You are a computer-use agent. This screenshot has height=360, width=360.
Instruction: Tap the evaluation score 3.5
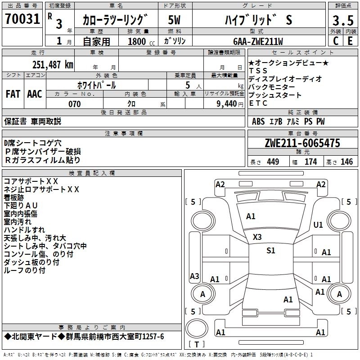pyautogui.click(x=342, y=20)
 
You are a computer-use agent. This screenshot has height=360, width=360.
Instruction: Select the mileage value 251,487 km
pyautogui.click(x=53, y=65)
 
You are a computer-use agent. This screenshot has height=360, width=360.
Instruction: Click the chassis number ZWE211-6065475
pyautogui.click(x=302, y=144)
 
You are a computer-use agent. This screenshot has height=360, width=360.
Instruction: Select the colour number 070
pyautogui.click(x=74, y=104)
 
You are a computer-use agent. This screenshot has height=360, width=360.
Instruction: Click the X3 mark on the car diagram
pyautogui.click(x=257, y=237)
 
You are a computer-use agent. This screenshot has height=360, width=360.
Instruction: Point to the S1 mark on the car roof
pyautogui.click(x=270, y=251)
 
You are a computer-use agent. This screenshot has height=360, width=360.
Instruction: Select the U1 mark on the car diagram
pyautogui.click(x=318, y=225)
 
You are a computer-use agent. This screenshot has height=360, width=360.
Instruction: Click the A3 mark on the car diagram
pyautogui.click(x=194, y=276)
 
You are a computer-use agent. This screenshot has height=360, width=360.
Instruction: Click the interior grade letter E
pyautogui.click(x=350, y=41)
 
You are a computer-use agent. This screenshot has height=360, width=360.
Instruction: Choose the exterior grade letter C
pyautogui.click(x=335, y=41)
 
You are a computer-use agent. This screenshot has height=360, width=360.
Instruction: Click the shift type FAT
pyautogui.click(x=13, y=94)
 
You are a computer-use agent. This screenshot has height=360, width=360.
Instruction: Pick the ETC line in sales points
pyautogui.click(x=258, y=103)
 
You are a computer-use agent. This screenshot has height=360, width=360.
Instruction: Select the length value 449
pyautogui.click(x=272, y=162)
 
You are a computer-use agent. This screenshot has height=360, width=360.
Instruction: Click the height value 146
pyautogui.click(x=346, y=162)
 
